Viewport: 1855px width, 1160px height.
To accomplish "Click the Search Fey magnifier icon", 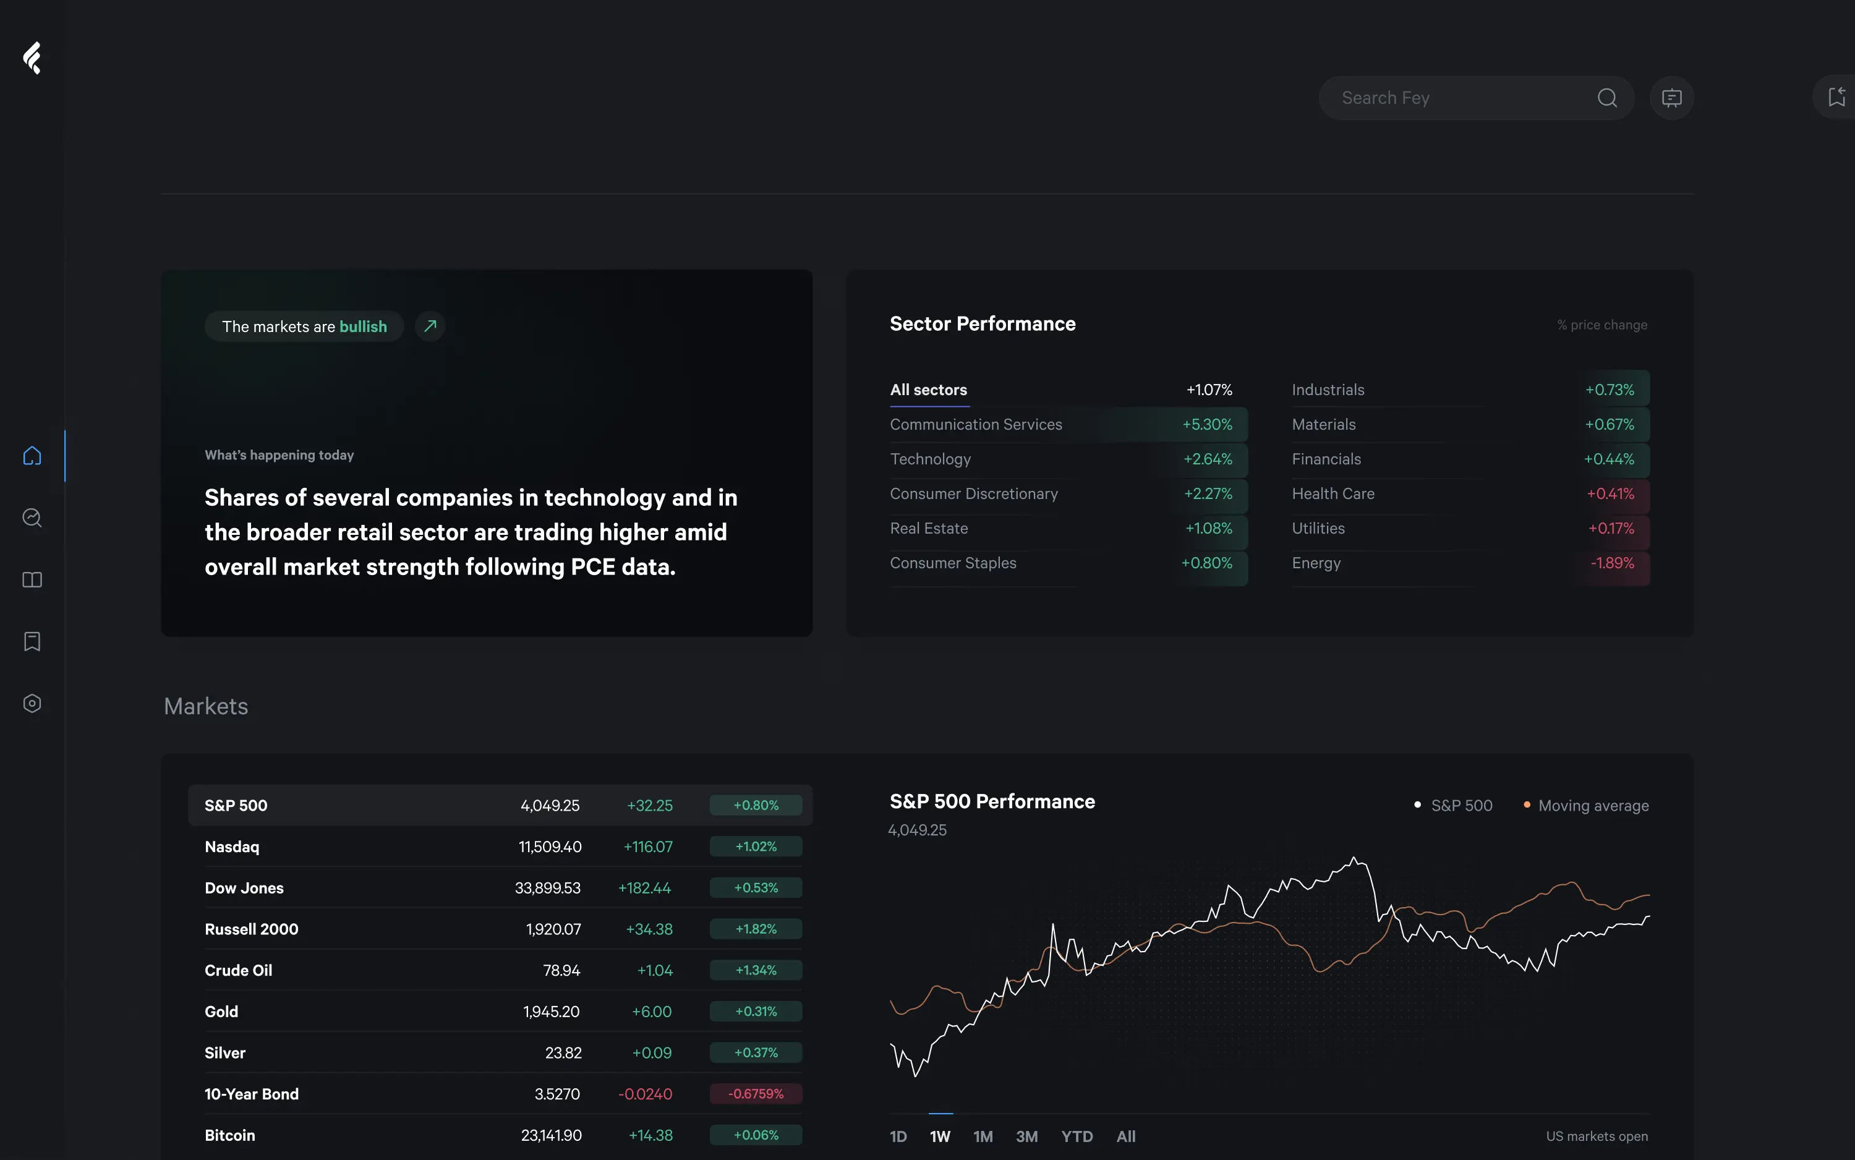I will (x=1606, y=98).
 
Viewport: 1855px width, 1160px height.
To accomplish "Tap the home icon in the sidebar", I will (x=32, y=456).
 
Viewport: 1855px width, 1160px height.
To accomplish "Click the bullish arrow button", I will (x=430, y=326).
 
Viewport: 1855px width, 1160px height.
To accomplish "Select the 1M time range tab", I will (x=983, y=1137).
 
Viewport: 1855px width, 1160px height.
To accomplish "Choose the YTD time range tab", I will (x=1077, y=1137).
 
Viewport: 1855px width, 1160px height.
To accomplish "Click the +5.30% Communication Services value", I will (x=1207, y=424).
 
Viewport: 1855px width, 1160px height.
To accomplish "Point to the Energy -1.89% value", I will (x=1612, y=563).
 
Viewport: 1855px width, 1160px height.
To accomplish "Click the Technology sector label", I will (x=930, y=459).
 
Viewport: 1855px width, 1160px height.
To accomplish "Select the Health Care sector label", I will (x=1333, y=493).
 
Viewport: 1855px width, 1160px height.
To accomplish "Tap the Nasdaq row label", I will (x=232, y=847).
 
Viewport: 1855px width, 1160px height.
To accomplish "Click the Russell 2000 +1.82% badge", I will (x=756, y=929).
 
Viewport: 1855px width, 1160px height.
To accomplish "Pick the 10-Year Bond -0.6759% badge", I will (x=756, y=1094).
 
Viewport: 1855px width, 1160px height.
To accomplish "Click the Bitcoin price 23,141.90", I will (x=551, y=1135).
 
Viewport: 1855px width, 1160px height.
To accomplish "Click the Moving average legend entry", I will (x=1593, y=806).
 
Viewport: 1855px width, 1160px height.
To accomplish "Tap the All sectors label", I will (x=928, y=390).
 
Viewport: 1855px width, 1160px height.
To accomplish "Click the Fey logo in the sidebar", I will (x=32, y=58).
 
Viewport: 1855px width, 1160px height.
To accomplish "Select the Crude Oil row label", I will (x=238, y=971).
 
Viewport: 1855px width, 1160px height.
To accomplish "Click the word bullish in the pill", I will (x=363, y=327).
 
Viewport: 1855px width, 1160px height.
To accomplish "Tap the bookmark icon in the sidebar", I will (x=32, y=641).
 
